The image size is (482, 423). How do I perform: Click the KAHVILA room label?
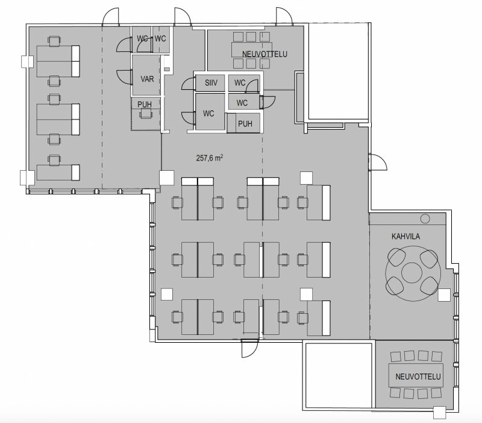[x=405, y=237]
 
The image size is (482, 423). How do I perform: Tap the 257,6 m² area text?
[x=210, y=158]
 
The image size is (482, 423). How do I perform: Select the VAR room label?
[x=147, y=79]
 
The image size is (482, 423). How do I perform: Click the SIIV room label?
[x=211, y=83]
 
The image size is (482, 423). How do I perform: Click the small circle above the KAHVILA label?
[x=425, y=218]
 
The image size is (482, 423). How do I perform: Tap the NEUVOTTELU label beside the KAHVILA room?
[x=418, y=377]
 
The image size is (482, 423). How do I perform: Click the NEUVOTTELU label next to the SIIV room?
[x=264, y=54]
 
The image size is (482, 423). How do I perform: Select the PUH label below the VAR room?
[x=145, y=104]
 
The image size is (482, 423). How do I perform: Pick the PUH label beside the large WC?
[x=245, y=124]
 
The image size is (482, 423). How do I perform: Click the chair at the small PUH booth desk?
[x=146, y=114]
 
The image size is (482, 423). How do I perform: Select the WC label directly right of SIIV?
[x=240, y=83]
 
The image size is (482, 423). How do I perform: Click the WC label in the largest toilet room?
[x=208, y=113]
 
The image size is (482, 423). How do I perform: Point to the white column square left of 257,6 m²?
[x=167, y=177]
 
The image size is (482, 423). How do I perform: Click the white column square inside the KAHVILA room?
[x=444, y=295]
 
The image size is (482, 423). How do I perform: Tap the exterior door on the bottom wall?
[x=249, y=349]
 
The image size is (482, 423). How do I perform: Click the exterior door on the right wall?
[x=378, y=162]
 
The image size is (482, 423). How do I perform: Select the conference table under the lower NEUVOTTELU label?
[x=416, y=375]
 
